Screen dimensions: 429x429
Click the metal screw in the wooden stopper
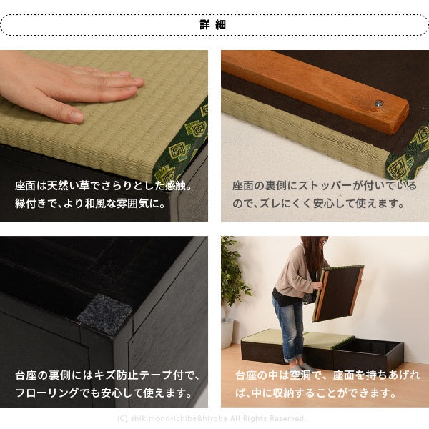[x=378, y=104]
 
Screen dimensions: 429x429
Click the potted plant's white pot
[x=227, y=332]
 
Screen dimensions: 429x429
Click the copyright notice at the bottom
[x=214, y=418]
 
